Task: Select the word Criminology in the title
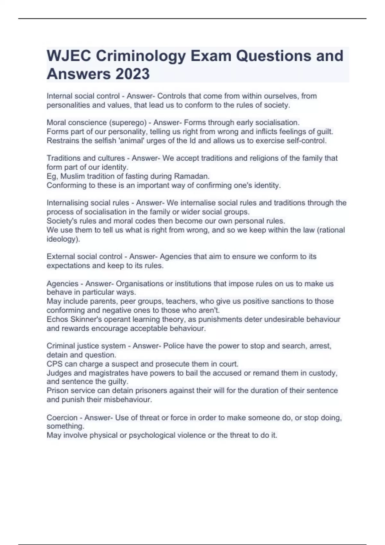pos(141,56)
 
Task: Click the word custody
pos(324,373)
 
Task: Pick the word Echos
pos(57,319)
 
